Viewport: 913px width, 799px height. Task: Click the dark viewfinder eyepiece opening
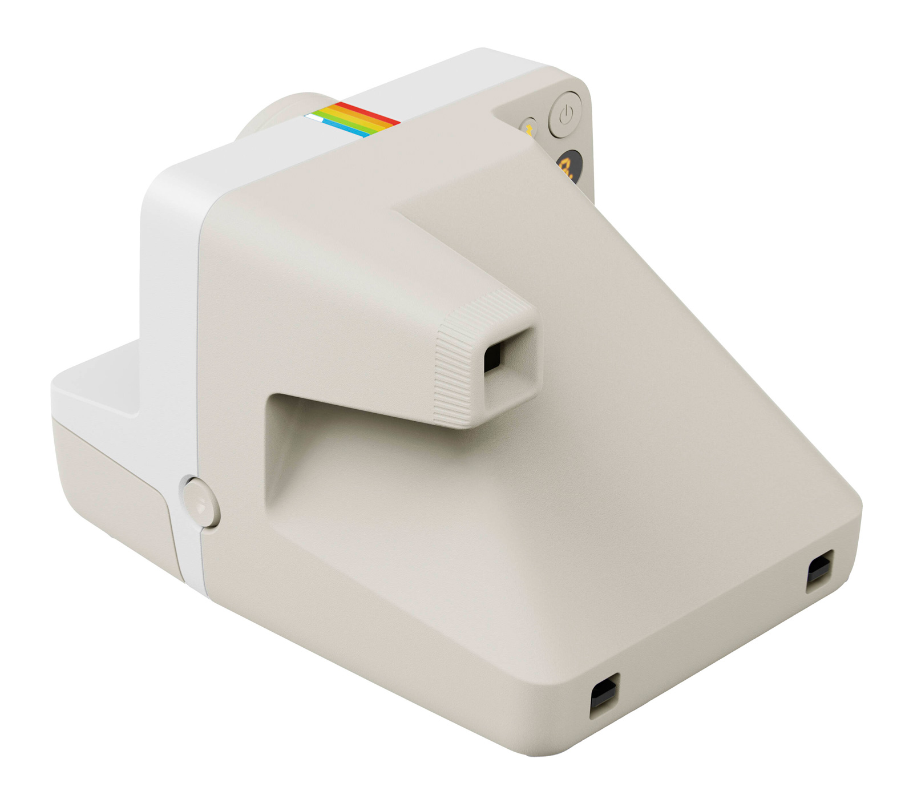(492, 358)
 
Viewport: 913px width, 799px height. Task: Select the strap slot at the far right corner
(819, 570)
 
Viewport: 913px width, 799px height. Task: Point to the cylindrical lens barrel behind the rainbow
(274, 114)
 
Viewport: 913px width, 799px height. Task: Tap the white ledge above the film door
(97, 388)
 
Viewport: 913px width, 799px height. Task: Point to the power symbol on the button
(565, 115)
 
